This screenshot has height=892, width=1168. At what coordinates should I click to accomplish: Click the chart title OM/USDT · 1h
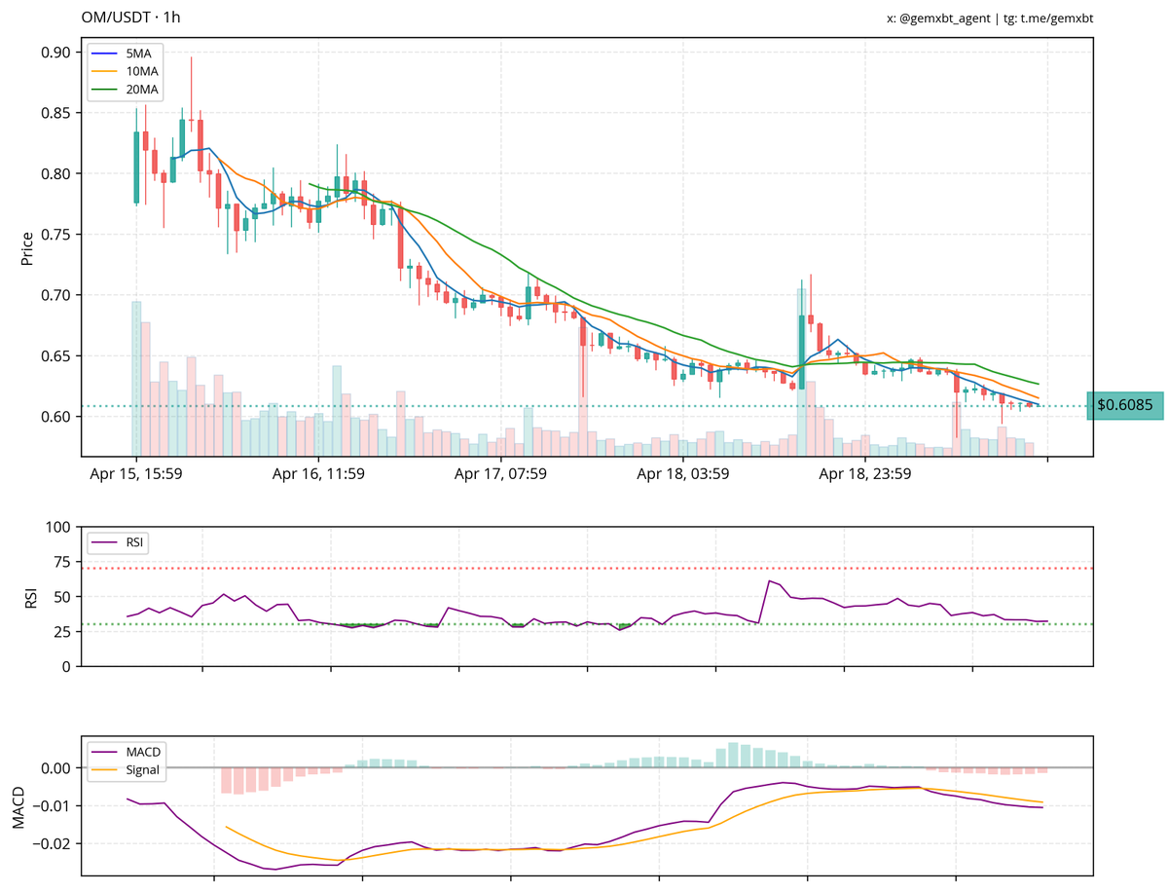130,18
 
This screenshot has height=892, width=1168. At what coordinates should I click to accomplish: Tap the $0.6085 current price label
1124,405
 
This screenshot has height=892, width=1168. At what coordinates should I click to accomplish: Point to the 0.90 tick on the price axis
55,53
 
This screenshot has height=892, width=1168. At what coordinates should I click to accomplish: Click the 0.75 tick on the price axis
55,235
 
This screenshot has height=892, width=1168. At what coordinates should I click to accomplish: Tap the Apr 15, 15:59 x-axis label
137,475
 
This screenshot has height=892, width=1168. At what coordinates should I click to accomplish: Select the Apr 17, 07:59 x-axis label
500,475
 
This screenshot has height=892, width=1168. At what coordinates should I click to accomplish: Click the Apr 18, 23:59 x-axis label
864,475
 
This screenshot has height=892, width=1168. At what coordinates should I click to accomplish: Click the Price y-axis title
27,247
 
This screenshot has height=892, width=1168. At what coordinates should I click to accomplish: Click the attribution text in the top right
996,18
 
